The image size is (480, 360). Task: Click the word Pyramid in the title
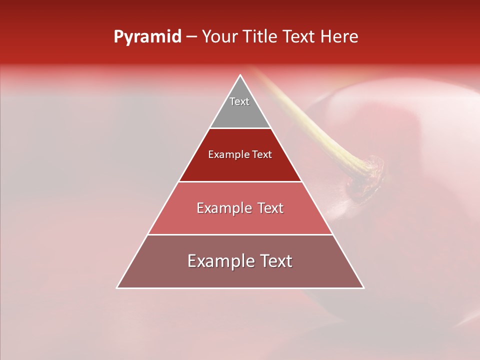[x=147, y=37]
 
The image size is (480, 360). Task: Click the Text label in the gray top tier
[x=239, y=101]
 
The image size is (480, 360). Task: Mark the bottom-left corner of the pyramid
[x=117, y=288]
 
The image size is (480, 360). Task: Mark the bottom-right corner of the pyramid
[x=364, y=288]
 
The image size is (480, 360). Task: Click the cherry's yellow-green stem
[x=310, y=120]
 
